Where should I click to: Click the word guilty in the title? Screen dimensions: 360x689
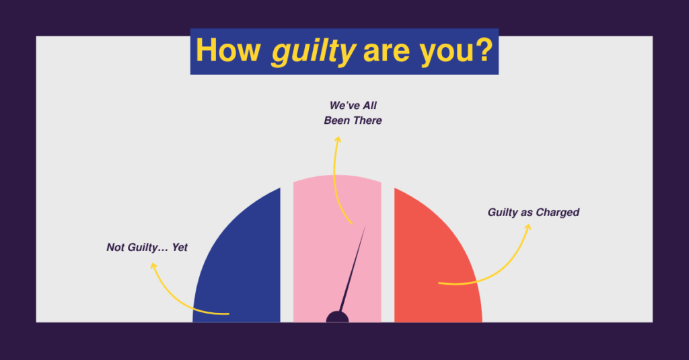pyautogui.click(x=312, y=51)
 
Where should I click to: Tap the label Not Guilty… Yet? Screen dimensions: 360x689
pyautogui.click(x=147, y=248)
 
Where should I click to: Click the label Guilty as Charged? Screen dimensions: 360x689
pyautogui.click(x=534, y=213)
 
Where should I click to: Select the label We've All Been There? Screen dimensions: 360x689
pyautogui.click(x=353, y=113)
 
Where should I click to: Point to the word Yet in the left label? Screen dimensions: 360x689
pyautogui.click(x=180, y=248)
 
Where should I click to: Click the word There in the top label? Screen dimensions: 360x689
pyautogui.click(x=367, y=121)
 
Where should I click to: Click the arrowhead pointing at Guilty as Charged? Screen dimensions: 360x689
pyautogui.click(x=528, y=227)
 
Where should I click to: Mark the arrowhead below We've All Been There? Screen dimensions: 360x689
pyautogui.click(x=337, y=139)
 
